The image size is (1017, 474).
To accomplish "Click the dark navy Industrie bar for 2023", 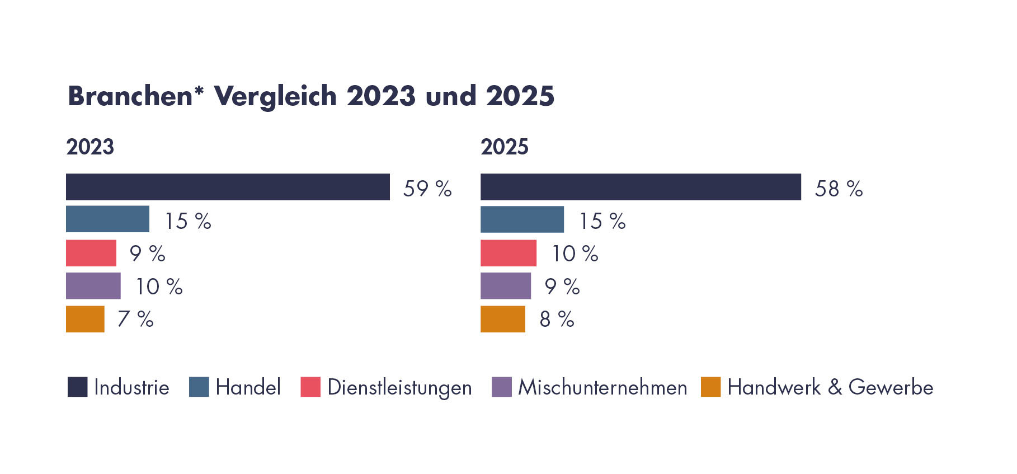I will click(228, 187).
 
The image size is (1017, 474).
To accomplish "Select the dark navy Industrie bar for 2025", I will click(641, 187).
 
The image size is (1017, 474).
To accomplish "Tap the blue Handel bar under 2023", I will click(107, 219).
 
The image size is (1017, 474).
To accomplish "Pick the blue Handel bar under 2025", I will click(522, 219).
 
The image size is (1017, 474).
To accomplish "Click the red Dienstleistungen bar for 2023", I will click(91, 253).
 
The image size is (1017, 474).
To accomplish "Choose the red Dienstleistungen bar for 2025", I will click(508, 253).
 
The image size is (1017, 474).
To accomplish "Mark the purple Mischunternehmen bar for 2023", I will click(93, 285).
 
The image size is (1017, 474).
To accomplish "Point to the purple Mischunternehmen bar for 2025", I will click(505, 285).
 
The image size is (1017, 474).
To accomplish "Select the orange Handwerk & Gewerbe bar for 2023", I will click(85, 319).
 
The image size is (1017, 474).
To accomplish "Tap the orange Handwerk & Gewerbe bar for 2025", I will click(502, 319).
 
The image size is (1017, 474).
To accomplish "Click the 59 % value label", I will click(427, 189).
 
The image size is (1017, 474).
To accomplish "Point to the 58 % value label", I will click(839, 189).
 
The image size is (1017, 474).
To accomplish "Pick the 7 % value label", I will click(135, 319).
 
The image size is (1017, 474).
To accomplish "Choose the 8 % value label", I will click(557, 319).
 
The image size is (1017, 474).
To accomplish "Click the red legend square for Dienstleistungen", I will click(310, 387).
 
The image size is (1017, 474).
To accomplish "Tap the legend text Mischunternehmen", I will click(602, 387).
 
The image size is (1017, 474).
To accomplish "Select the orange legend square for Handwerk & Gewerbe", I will click(710, 387).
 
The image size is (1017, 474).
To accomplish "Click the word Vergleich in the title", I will click(275, 96).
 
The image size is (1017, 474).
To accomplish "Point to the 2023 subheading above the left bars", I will click(90, 147).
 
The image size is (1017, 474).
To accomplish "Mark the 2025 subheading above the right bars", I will click(504, 147).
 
